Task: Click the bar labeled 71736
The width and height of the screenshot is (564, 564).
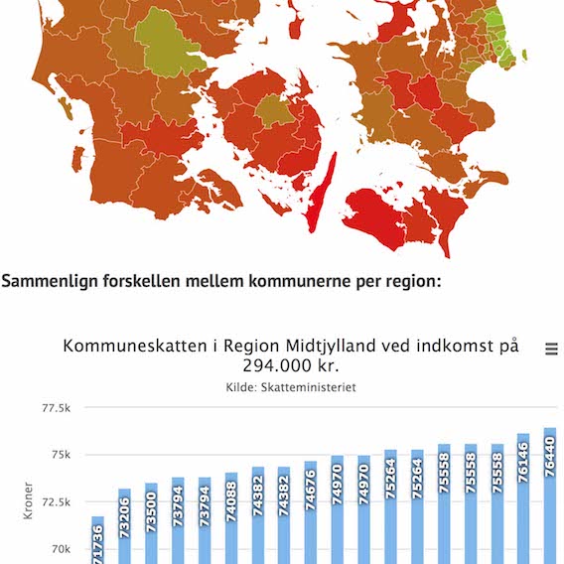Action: tap(97, 541)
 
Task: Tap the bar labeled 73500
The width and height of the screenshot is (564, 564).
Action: tap(151, 523)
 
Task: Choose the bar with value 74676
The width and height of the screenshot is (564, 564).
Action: tap(311, 513)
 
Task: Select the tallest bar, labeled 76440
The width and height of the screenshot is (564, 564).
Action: tap(550, 496)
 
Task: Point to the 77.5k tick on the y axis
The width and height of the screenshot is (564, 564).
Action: tap(56, 408)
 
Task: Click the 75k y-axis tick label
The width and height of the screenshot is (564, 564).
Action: tap(60, 455)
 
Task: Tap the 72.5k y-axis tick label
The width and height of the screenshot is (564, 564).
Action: tap(56, 502)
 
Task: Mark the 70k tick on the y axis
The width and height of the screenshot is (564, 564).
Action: tap(60, 549)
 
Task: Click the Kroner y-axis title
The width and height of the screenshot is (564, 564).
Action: tap(27, 501)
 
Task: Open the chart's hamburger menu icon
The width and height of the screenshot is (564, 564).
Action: tap(551, 350)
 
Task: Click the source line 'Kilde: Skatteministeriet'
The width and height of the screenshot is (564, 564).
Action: tap(291, 387)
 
